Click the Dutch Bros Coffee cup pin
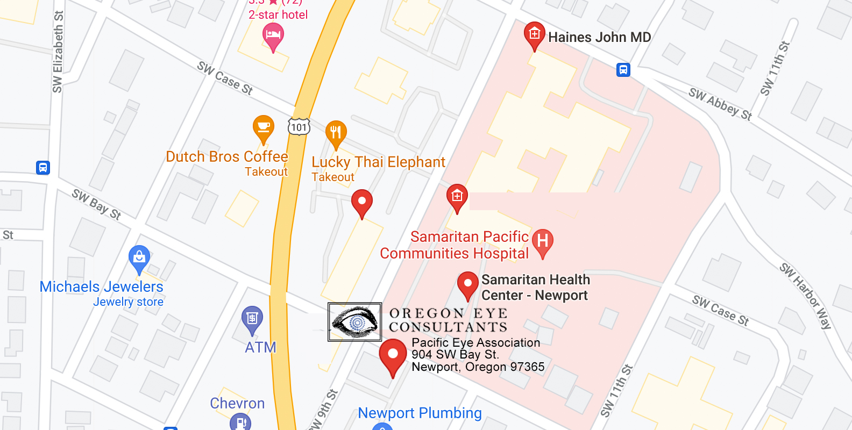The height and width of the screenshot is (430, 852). (264, 128)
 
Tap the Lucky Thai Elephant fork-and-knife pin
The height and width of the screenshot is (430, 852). (336, 133)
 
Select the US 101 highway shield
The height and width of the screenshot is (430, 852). (299, 127)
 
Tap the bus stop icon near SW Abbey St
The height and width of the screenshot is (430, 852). (623, 70)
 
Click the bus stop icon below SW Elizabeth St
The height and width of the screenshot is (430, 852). (43, 168)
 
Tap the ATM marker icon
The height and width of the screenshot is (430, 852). (252, 318)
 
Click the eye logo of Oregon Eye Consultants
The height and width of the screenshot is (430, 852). (355, 322)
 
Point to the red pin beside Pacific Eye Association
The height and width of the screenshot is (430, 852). (393, 355)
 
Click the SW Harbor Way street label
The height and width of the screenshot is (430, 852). (806, 295)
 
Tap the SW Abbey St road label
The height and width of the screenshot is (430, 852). (720, 104)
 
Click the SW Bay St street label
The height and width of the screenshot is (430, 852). (97, 204)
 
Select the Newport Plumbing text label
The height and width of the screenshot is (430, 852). (420, 413)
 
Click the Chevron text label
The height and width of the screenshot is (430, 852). (237, 403)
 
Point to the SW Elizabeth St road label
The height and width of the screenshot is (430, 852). (58, 52)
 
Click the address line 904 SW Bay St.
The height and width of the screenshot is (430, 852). (455, 355)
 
